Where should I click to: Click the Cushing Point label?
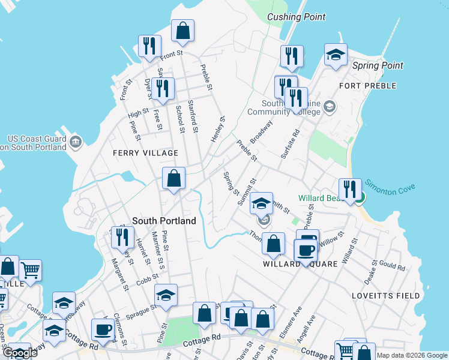[x=297, y=17]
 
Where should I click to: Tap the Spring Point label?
[x=378, y=65]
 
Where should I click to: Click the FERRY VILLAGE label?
[x=146, y=153]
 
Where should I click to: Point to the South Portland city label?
[x=164, y=221]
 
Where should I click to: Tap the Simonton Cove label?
[x=390, y=187]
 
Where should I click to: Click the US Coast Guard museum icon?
[x=75, y=142]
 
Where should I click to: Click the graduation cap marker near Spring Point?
[x=336, y=55]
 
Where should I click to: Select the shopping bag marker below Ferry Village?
[x=173, y=178]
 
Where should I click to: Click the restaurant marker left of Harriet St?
[x=122, y=236]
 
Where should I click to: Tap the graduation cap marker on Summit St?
[x=262, y=204]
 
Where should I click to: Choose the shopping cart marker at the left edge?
[x=30, y=270]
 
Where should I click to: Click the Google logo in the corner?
[x=20, y=353]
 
